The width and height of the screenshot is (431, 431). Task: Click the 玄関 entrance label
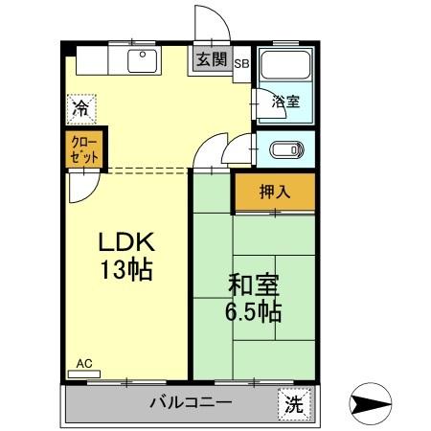click(212, 59)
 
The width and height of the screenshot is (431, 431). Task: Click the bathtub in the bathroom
click(284, 67)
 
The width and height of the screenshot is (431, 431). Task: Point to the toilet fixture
click(285, 149)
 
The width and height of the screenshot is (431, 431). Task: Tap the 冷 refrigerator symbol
click(81, 109)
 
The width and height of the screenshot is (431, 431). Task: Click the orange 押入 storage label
click(274, 192)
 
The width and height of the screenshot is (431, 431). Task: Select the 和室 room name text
click(253, 284)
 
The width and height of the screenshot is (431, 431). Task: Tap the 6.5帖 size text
click(253, 311)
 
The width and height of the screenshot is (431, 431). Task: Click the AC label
click(84, 364)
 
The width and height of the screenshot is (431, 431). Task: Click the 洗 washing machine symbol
click(294, 403)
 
